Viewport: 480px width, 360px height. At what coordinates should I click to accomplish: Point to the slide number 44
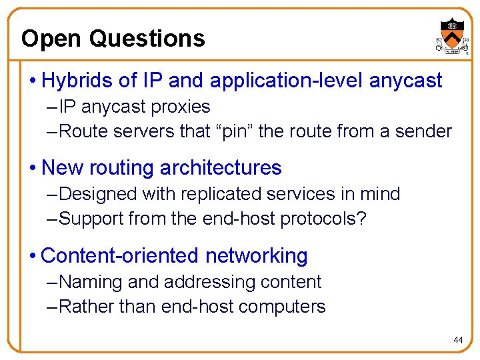tap(458, 341)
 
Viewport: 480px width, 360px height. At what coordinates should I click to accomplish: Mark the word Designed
tap(101, 194)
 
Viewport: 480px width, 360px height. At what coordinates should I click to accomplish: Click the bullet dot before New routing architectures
tap(33, 168)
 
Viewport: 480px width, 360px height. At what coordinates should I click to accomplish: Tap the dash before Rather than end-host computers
tap(53, 307)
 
